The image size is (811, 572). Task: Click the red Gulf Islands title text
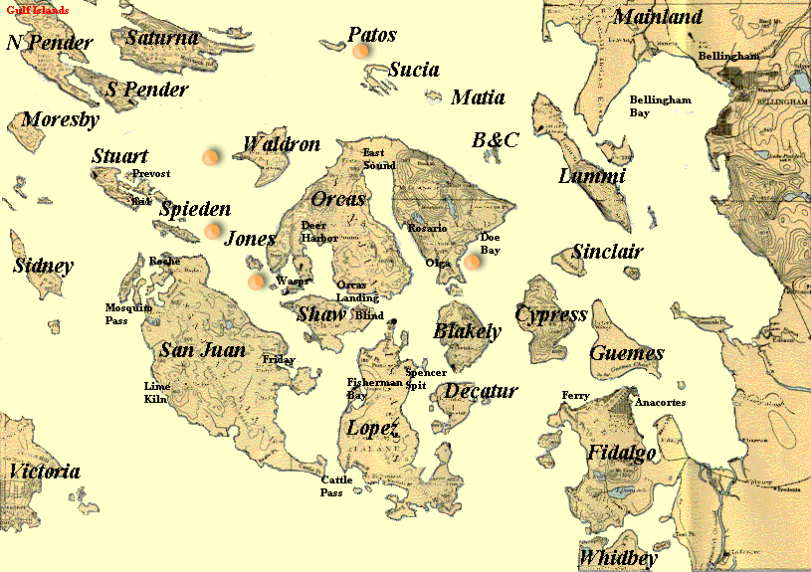37,10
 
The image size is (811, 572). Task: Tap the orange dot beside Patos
361,50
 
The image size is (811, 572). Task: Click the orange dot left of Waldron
211,156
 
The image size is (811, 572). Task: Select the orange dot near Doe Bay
472,262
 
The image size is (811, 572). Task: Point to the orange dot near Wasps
257,281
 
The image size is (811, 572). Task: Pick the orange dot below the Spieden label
212,231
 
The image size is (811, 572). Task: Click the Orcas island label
337,198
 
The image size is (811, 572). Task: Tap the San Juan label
202,349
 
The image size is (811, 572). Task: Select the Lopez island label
372,429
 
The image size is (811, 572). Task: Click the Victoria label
44,472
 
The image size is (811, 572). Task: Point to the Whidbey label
618,556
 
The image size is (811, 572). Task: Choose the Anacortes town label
658,403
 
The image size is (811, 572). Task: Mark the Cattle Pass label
336,486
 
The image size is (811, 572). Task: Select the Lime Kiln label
156,392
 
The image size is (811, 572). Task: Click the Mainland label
658,16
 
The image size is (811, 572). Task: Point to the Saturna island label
162,37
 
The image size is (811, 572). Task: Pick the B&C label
495,140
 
